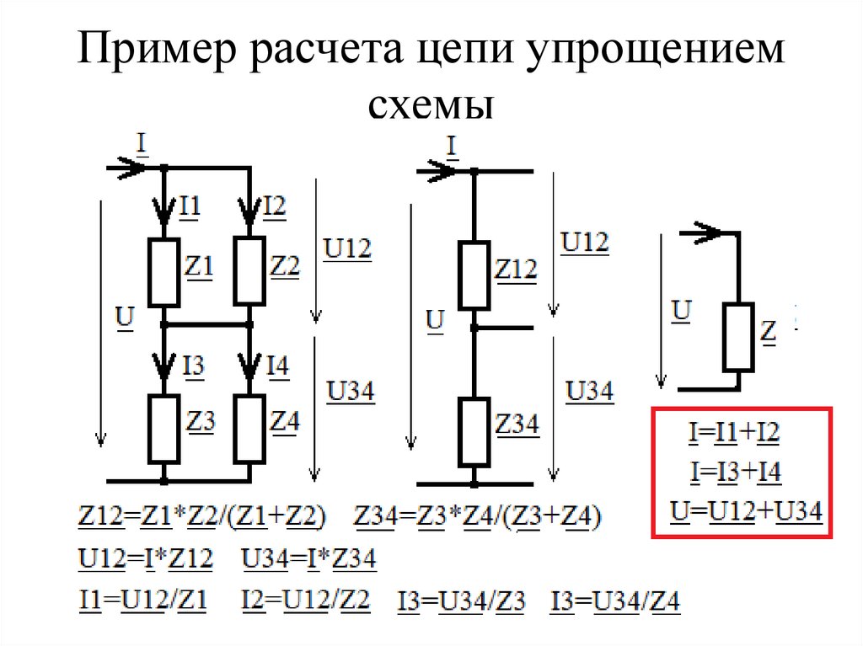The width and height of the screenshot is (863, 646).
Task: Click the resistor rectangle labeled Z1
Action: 163,271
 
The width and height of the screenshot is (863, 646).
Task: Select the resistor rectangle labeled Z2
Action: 250,270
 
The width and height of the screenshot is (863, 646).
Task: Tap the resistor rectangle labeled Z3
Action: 163,428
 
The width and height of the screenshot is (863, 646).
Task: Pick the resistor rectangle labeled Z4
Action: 250,428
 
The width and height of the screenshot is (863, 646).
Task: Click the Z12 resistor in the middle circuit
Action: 474,275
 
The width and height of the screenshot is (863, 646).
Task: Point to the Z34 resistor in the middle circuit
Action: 474,431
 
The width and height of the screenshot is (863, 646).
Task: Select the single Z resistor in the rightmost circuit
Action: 737,337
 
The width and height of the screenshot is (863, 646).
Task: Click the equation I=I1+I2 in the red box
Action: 733,435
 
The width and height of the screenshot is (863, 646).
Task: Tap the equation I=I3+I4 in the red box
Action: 734,473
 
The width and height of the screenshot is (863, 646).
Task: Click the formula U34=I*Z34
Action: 308,559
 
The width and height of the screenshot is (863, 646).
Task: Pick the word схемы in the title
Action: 430,107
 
